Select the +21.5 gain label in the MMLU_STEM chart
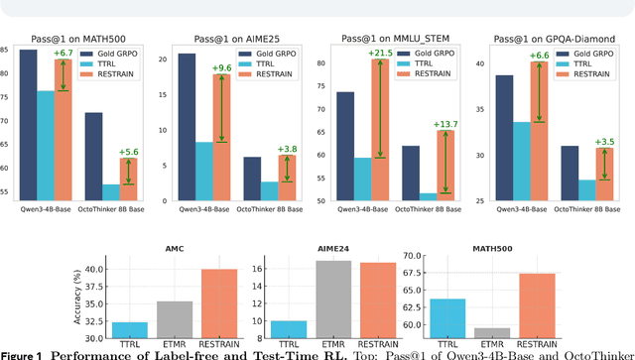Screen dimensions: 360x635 [405, 53]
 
